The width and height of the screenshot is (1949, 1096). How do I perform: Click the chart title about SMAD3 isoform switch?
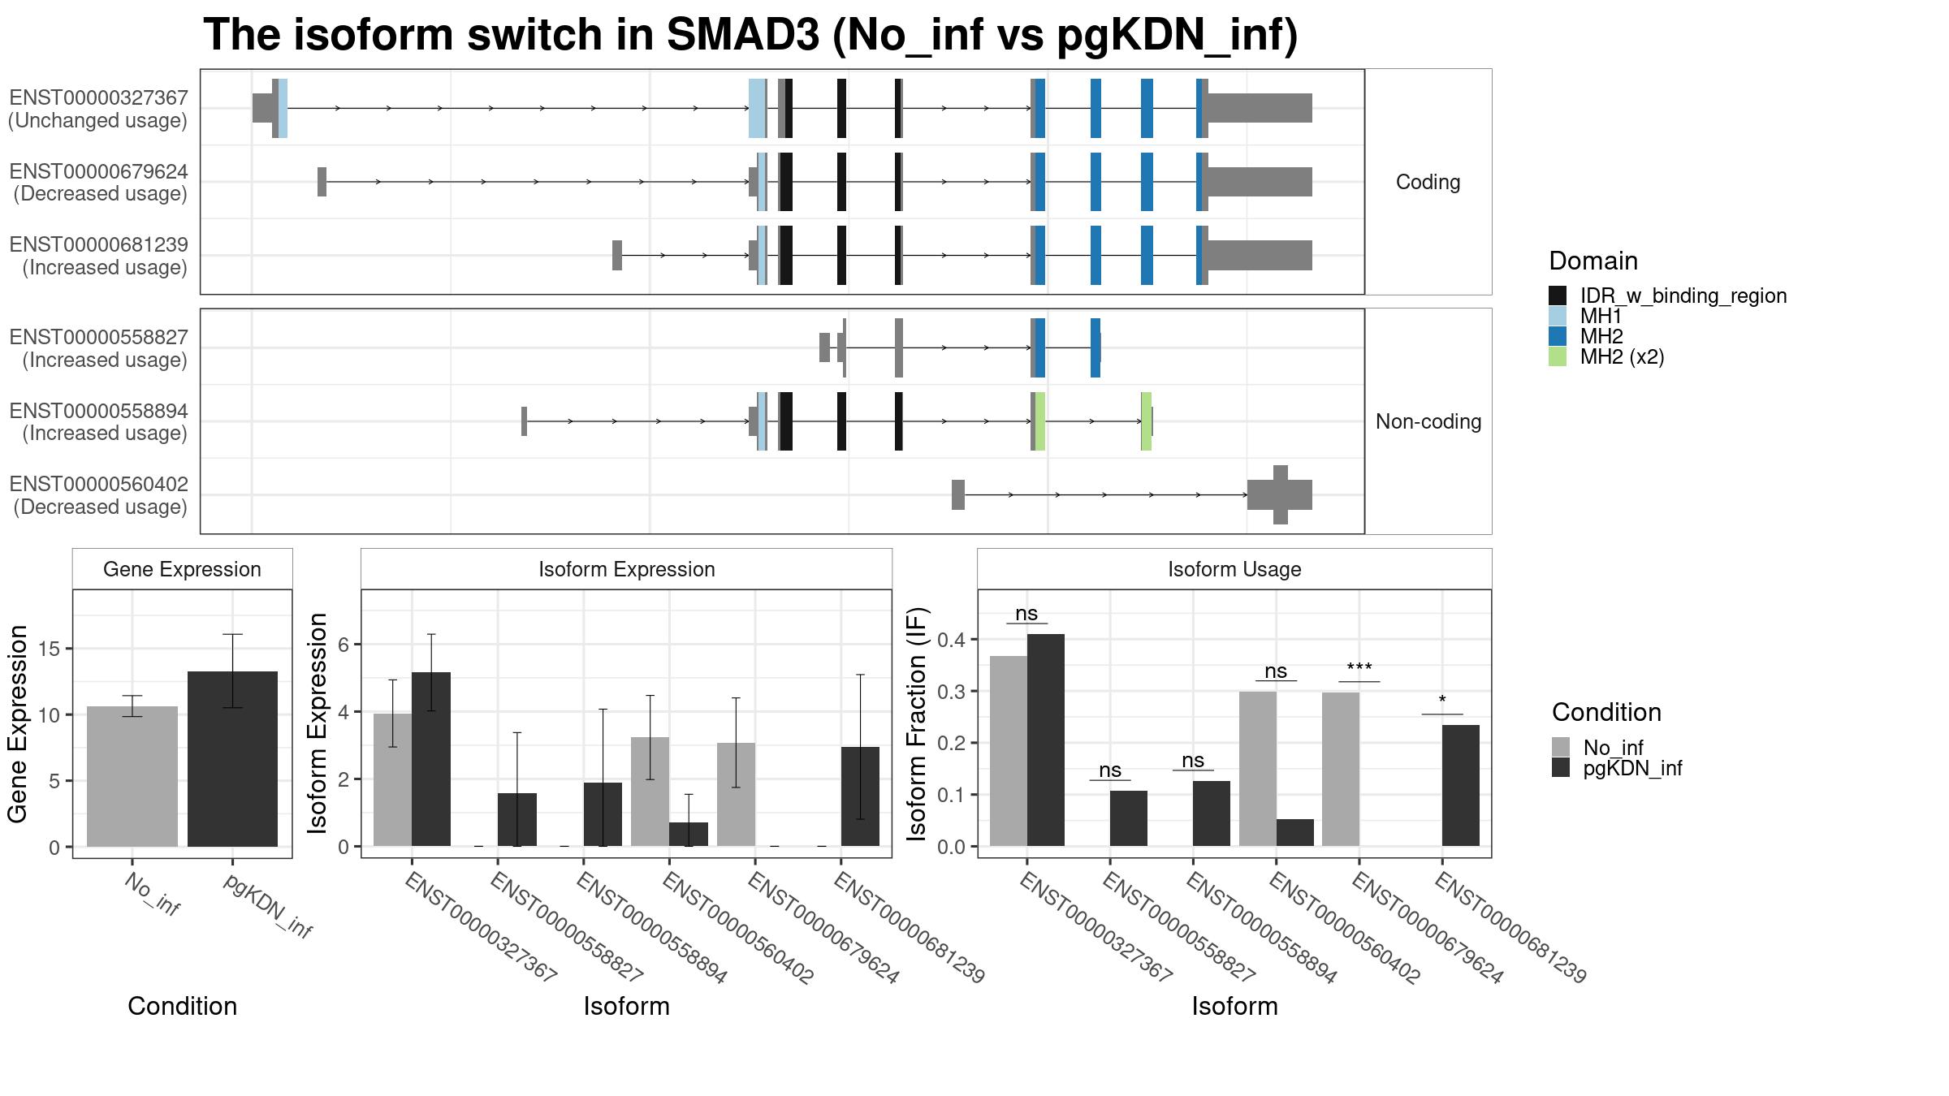(x=750, y=35)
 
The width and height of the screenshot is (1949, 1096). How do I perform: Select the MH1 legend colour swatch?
(x=1558, y=316)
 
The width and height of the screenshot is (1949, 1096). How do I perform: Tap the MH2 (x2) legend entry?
(x=1622, y=356)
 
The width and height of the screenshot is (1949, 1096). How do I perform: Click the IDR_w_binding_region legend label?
(x=1683, y=296)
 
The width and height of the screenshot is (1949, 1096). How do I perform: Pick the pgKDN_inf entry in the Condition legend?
(x=1632, y=768)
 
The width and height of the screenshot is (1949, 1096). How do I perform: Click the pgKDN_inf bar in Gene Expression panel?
(x=232, y=759)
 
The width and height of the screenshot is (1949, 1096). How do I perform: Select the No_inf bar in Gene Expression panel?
(x=132, y=776)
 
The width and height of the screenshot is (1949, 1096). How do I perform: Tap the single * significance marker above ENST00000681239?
(x=1442, y=700)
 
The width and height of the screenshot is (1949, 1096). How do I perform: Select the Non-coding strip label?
(x=1428, y=421)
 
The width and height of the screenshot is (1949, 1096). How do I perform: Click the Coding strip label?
(x=1428, y=182)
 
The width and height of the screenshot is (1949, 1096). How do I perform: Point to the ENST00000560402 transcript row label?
(x=99, y=484)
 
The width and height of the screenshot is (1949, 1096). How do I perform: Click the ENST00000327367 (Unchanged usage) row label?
(x=98, y=109)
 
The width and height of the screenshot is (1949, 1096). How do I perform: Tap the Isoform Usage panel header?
(x=1234, y=569)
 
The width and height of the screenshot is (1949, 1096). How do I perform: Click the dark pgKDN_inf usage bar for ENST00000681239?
(x=1461, y=786)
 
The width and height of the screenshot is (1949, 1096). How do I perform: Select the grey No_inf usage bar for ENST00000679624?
(x=1341, y=770)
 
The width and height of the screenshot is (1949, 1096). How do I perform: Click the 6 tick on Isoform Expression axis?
(x=344, y=645)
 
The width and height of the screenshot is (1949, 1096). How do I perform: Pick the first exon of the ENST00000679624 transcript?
(x=322, y=182)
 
